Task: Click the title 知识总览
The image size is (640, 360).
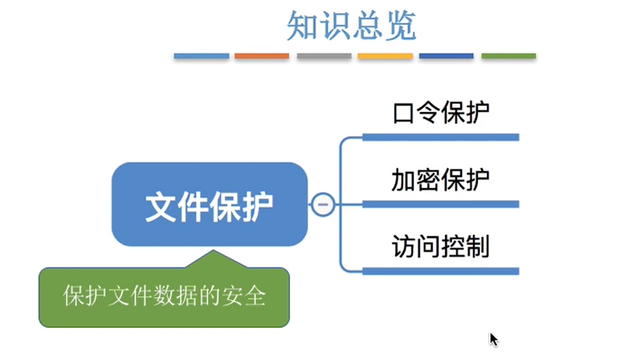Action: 351,26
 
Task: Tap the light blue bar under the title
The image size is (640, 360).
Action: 201,56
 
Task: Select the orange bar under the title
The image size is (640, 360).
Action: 261,56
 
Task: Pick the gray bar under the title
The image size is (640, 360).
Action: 323,56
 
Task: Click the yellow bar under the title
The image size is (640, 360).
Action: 385,56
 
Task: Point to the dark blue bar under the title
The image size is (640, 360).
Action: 446,56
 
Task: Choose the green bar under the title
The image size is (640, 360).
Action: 508,56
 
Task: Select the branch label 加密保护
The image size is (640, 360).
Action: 441,181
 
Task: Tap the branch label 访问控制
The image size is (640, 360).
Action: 441,247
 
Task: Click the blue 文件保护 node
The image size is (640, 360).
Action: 209,204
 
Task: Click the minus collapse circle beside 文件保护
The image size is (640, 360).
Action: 322,204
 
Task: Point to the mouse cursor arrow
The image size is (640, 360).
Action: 493,339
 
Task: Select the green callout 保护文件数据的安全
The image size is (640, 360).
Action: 164,297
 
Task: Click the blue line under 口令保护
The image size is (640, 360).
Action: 440,137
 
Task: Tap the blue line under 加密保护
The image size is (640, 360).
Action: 440,204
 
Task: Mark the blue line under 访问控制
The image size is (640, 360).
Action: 440,271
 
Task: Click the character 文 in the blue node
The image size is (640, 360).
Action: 160,205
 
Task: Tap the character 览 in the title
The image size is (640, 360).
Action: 400,26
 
